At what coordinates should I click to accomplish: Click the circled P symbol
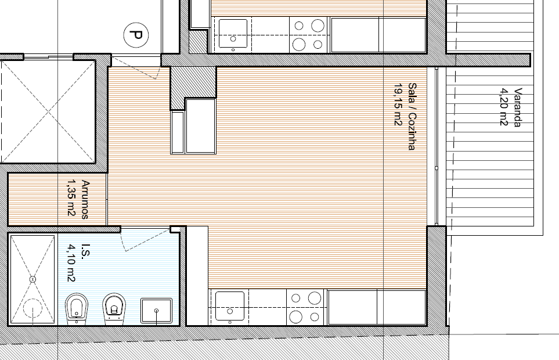(x=136, y=35)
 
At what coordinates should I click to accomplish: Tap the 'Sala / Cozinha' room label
(x=412, y=117)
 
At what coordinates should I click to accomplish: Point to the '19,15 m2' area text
(x=398, y=105)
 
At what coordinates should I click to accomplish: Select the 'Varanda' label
(x=518, y=107)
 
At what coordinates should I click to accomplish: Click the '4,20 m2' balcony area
(x=503, y=107)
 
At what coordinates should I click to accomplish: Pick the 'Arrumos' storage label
(x=85, y=199)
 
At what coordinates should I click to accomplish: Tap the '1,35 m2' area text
(x=71, y=197)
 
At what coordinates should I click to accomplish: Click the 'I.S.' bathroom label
(x=86, y=251)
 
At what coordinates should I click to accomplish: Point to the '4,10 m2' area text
(x=71, y=262)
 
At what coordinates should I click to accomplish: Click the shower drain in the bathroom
(x=33, y=279)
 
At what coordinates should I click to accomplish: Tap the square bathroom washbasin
(x=157, y=311)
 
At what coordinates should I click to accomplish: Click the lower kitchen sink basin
(x=230, y=306)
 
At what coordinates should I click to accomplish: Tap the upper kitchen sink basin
(x=233, y=34)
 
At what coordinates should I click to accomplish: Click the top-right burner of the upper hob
(x=318, y=26)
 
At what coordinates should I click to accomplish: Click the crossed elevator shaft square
(x=48, y=111)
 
